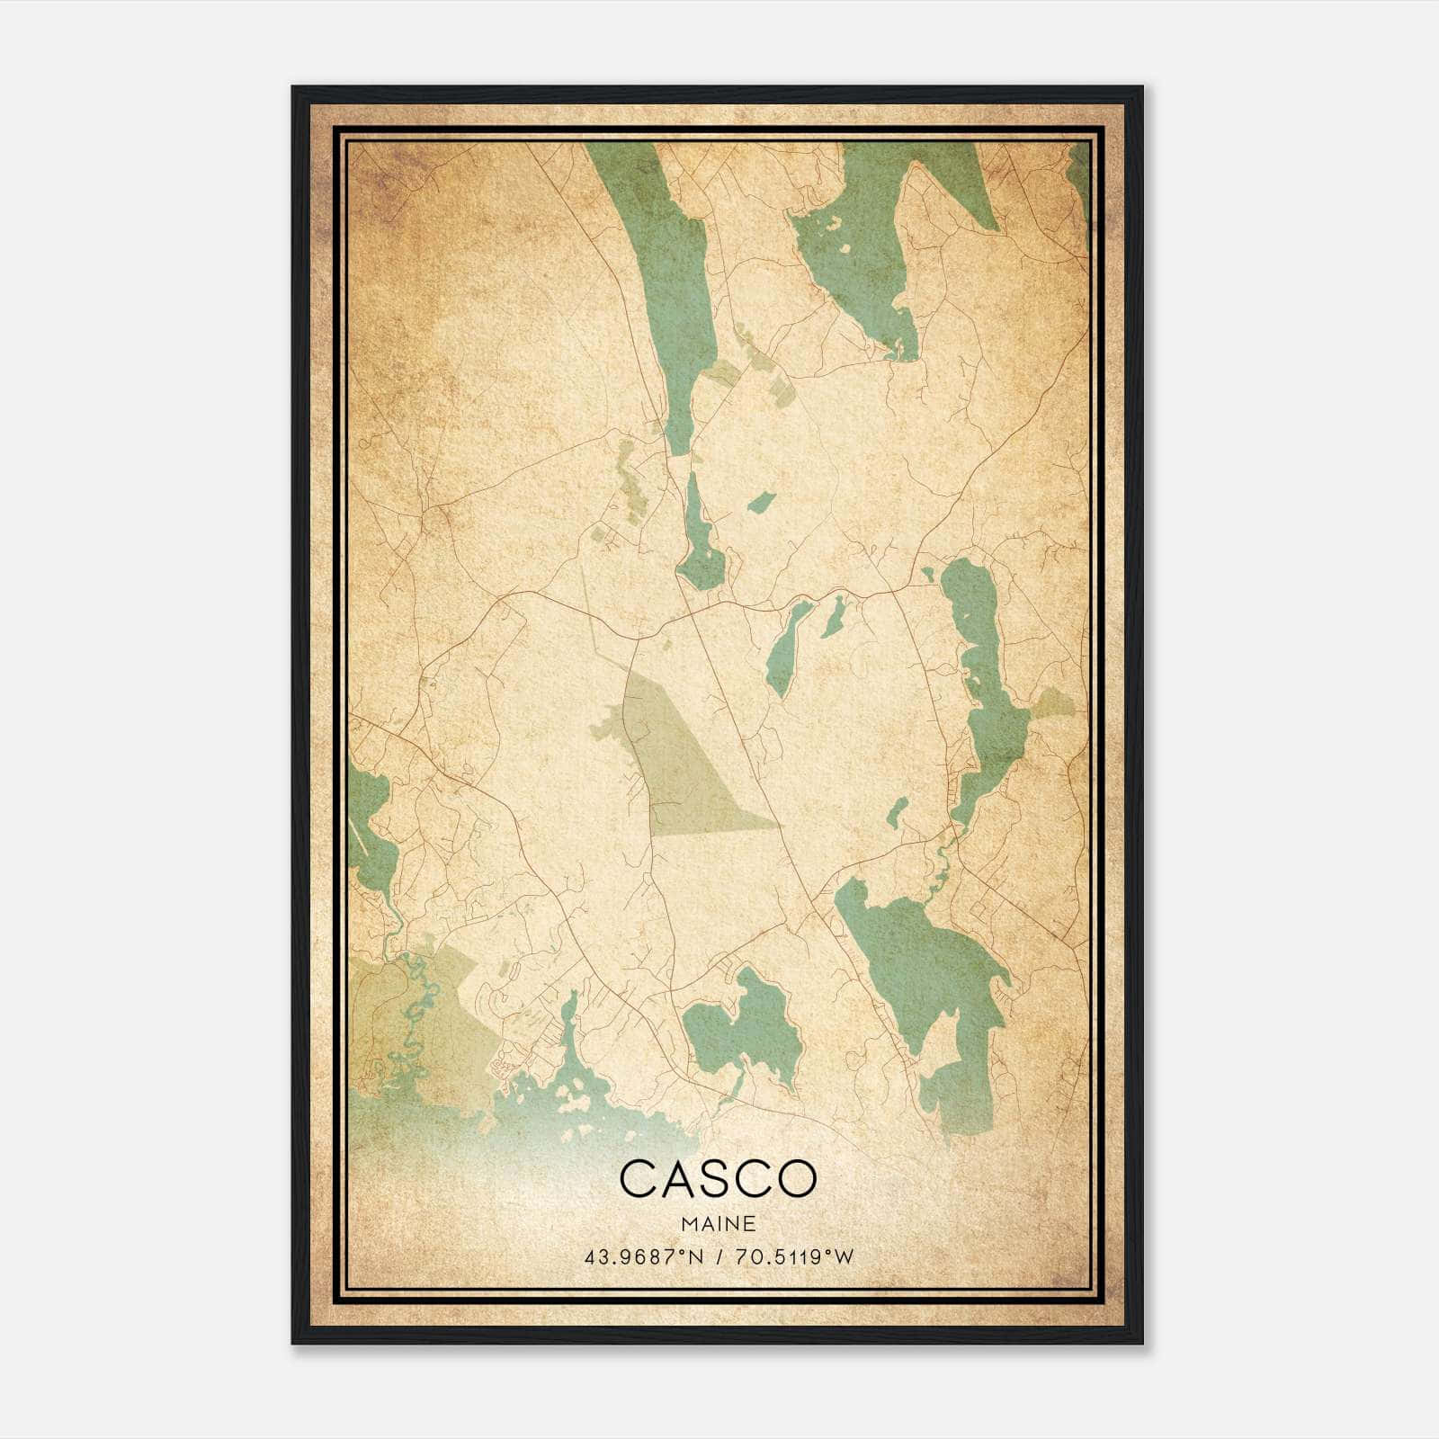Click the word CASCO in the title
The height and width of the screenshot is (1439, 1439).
[x=718, y=1179]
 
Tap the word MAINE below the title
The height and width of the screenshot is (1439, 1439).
[x=718, y=1224]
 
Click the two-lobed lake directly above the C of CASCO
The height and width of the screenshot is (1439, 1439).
[x=737, y=1025]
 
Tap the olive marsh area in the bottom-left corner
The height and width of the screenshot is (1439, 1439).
[x=405, y=1025]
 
